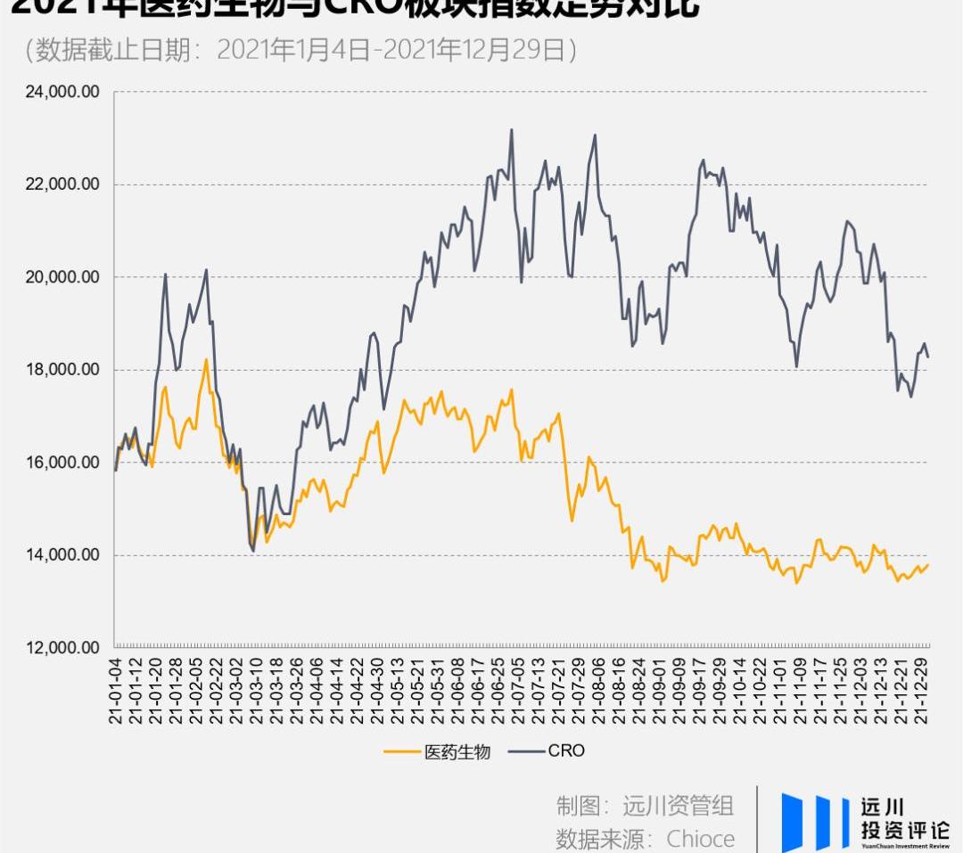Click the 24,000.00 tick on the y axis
point(61,92)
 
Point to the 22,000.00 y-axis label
point(61,185)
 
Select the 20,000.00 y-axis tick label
point(61,277)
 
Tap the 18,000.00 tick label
point(61,370)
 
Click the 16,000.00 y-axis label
point(61,463)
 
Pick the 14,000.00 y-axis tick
point(61,555)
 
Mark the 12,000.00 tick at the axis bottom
point(61,648)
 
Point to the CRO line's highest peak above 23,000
point(512,130)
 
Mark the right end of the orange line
point(928,564)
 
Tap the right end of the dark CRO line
point(928,357)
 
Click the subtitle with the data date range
point(301,51)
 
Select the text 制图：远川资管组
point(645,806)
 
